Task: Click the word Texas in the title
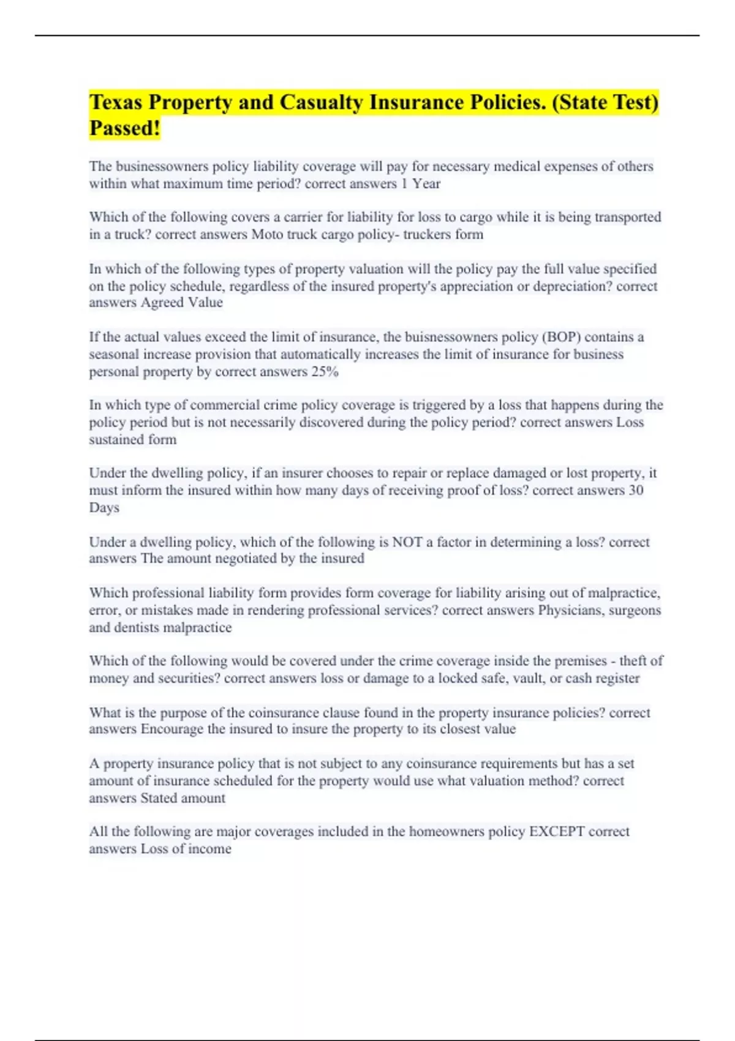[x=116, y=102]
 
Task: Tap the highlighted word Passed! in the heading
[x=124, y=129]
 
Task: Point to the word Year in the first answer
[x=426, y=184]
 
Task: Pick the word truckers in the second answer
[x=426, y=235]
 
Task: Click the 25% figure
[x=325, y=372]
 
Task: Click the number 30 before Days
[x=636, y=490]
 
